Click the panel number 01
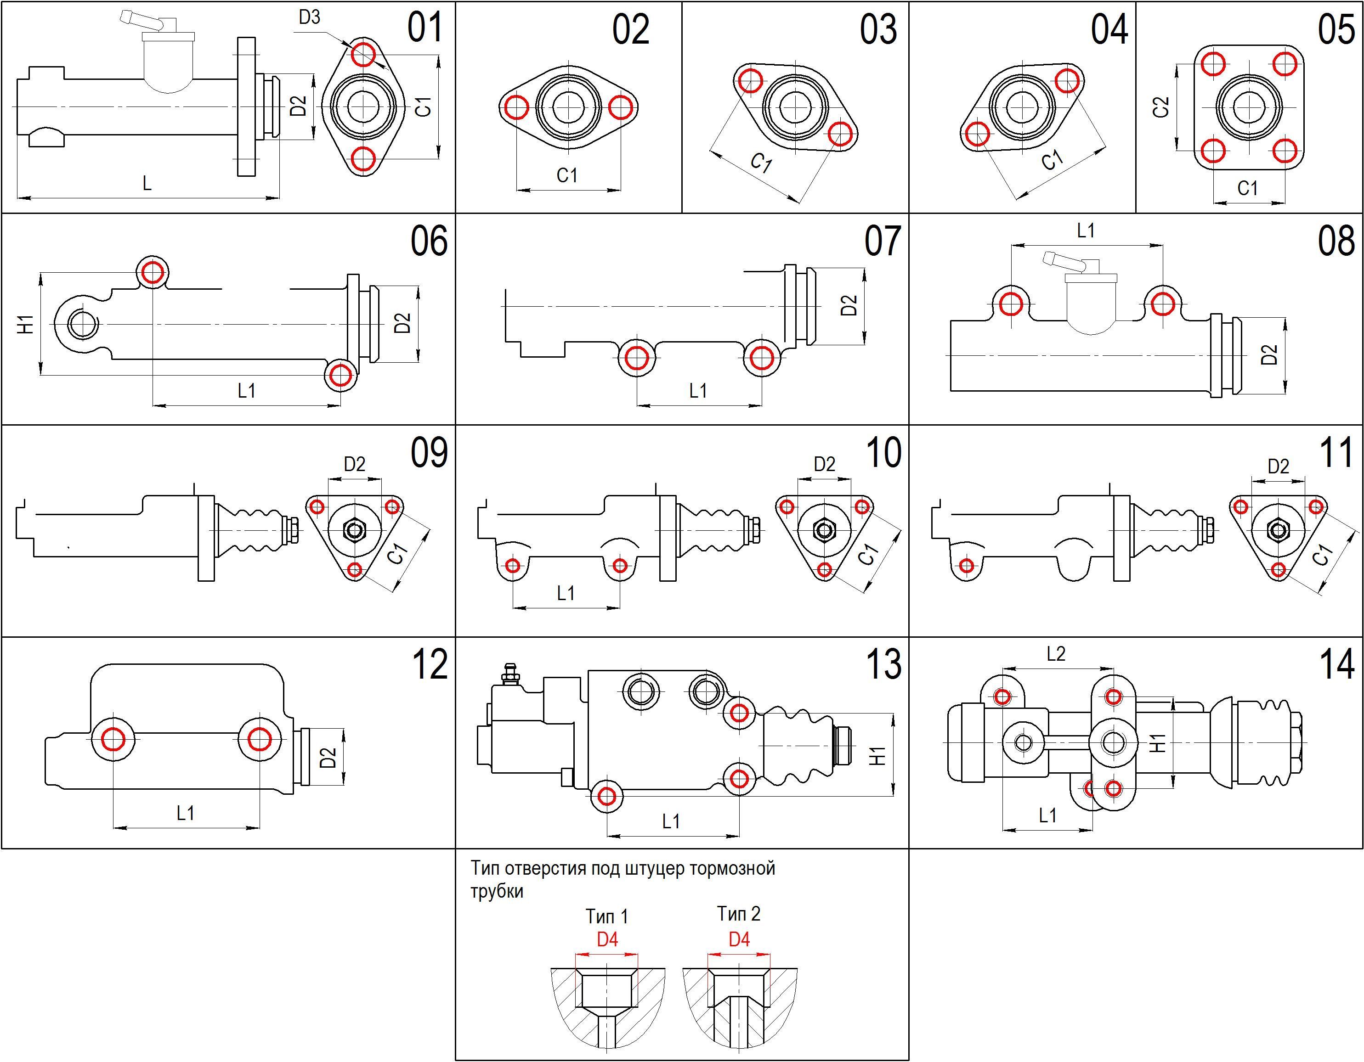[424, 28]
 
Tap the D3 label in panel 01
[309, 17]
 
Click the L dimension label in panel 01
[147, 183]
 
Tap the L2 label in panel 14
[1055, 654]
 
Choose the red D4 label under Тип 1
[607, 939]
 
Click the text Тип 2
[738, 914]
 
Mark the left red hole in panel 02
[516, 107]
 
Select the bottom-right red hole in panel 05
[1285, 151]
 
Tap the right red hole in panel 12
[259, 739]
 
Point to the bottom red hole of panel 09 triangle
[355, 569]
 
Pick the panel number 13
[883, 664]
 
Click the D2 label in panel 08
[1269, 354]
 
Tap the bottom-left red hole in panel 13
[606, 796]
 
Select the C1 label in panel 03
[761, 163]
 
